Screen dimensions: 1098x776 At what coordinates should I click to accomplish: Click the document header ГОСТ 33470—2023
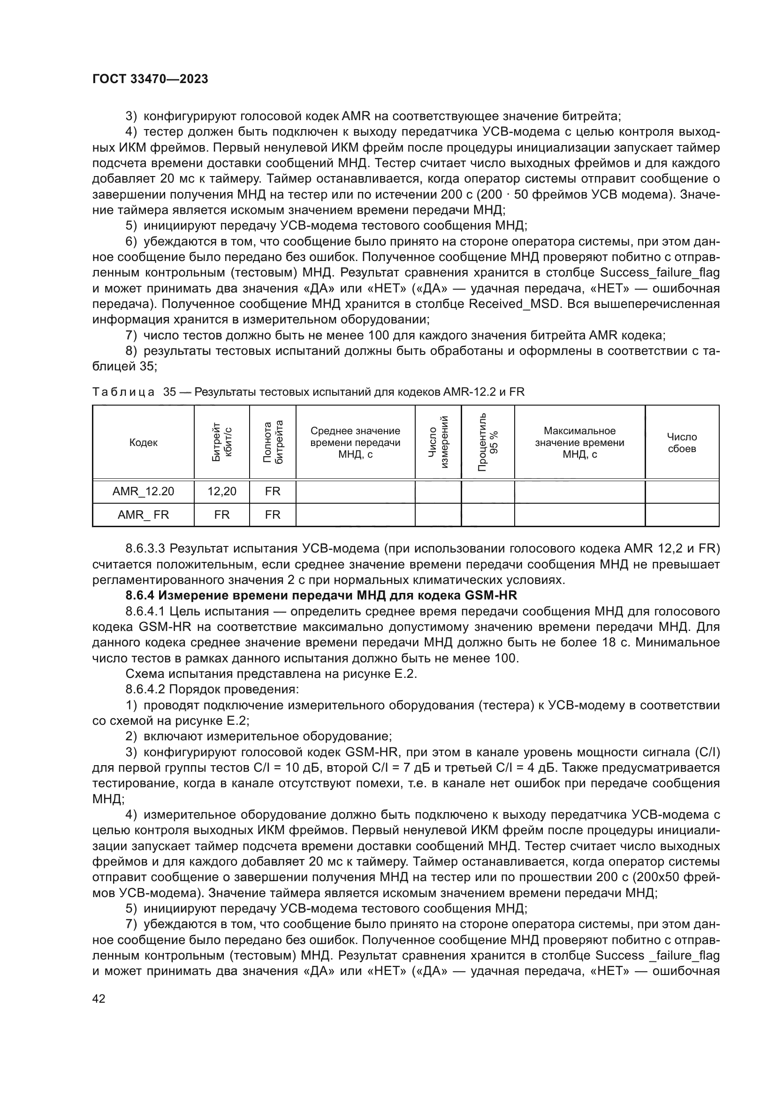(150, 79)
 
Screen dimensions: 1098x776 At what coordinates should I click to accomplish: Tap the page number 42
(99, 998)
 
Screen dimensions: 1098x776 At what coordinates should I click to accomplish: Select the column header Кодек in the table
(144, 442)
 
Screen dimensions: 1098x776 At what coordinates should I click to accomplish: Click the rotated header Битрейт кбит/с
(222, 442)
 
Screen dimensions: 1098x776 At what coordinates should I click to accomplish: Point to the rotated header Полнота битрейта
(273, 442)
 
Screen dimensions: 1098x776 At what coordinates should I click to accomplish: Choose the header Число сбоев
(682, 442)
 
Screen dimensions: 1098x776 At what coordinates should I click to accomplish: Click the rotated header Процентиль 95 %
(488, 442)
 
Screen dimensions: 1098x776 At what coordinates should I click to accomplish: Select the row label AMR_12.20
(144, 491)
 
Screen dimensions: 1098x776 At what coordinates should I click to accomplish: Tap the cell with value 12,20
(222, 491)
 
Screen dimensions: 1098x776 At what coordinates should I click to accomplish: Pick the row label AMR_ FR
(144, 514)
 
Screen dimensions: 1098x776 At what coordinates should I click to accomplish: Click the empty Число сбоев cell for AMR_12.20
(682, 491)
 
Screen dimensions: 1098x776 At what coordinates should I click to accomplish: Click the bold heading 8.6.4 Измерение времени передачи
(321, 595)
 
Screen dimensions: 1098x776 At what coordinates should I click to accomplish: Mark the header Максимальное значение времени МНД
(579, 442)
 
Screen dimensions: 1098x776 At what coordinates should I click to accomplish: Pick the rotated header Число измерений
(438, 442)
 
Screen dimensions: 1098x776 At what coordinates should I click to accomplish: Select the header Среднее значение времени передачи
(356, 442)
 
